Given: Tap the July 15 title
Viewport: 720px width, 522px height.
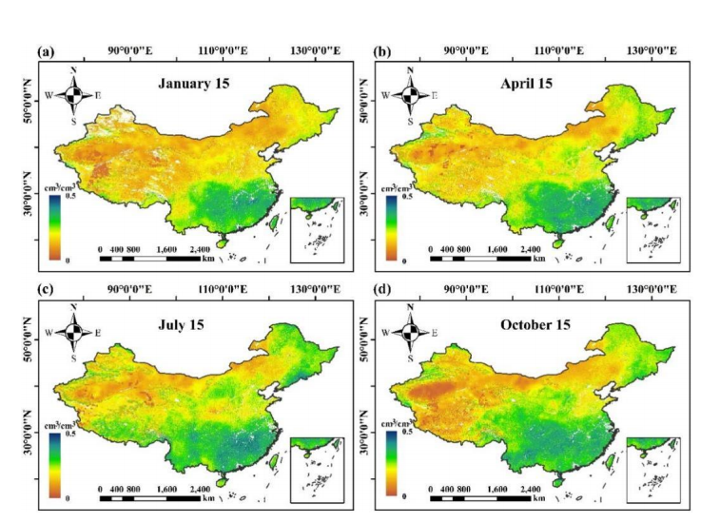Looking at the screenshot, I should point(196,325).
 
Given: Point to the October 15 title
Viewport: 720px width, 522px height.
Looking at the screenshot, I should point(536,325).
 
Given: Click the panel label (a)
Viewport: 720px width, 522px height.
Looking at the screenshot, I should point(45,50).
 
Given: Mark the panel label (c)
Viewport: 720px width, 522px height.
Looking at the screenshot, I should point(45,289).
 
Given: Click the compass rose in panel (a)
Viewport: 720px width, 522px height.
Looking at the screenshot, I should point(73,94).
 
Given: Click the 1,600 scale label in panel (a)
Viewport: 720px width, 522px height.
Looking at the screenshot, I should point(166,249).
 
